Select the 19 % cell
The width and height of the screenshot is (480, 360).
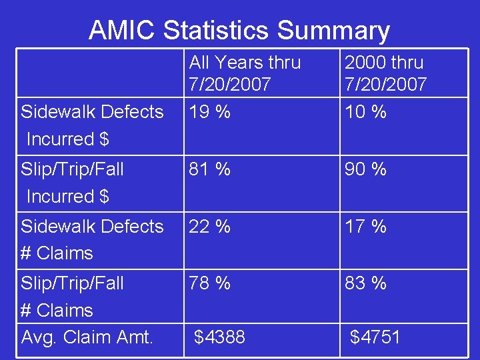209,112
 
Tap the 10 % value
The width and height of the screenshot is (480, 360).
365,112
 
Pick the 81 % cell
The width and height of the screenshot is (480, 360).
209,169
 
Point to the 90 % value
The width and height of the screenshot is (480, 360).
365,169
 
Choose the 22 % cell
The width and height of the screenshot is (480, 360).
209,227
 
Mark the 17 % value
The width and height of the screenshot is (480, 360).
365,227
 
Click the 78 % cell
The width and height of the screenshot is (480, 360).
209,283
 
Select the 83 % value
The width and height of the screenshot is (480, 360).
365,283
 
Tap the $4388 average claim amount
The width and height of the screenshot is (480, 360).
219,337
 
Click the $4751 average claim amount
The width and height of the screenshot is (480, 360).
375,337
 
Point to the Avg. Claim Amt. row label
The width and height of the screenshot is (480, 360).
87,337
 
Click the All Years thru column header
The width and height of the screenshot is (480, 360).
245,73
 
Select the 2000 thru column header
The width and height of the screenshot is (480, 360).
385,73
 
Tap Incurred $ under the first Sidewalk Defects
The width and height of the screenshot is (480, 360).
68,139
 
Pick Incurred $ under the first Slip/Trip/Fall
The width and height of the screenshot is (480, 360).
68,197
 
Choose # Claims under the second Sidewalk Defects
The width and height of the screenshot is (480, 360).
57,253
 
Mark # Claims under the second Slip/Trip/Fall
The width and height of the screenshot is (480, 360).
57,311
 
